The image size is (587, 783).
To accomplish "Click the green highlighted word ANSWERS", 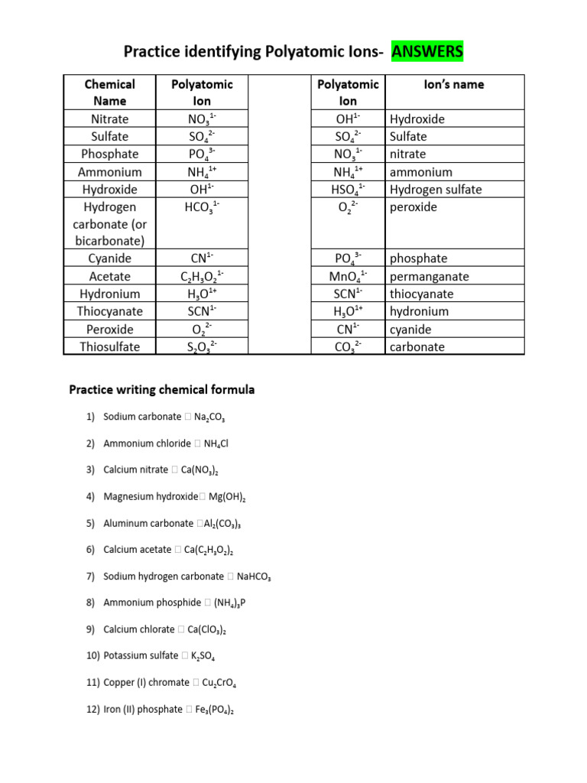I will pos(426,52).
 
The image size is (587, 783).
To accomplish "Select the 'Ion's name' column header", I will pos(453,85).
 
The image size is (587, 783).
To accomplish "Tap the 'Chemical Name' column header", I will pos(109,93).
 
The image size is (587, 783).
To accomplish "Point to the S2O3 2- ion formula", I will pos(203,347).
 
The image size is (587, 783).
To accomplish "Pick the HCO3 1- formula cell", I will pos(203,207).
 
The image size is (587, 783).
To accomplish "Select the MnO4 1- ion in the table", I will pos(348,277).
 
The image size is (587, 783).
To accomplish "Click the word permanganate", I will pos(429,277).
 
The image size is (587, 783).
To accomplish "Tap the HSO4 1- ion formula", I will pos(348,190).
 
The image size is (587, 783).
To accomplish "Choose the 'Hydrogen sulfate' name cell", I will pos(436,190).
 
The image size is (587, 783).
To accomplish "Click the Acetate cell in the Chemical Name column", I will pos(109,277).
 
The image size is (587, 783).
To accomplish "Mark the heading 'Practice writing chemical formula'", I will pos(162,390).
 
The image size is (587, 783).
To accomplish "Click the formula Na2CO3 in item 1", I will pos(209,417).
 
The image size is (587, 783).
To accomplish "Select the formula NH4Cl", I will pos(216,443).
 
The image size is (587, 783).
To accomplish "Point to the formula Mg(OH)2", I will pos(227,497).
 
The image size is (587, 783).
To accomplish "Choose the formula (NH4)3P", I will pos(225,603).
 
